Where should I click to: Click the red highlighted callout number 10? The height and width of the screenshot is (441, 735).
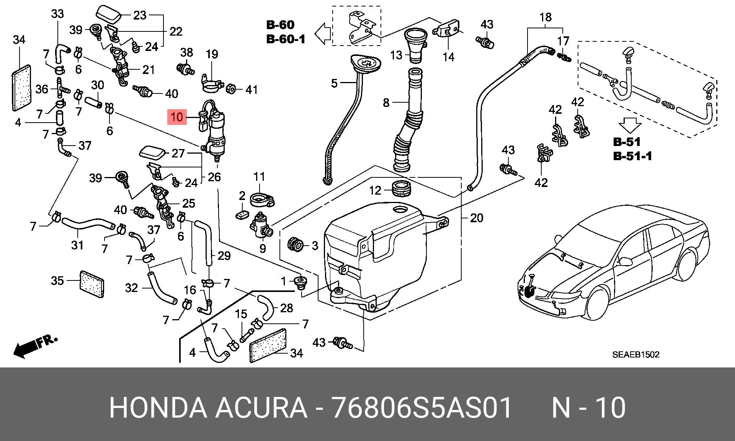(x=177, y=116)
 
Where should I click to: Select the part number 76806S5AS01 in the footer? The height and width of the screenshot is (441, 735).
(x=421, y=408)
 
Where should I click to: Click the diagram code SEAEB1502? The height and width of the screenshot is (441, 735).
(x=636, y=355)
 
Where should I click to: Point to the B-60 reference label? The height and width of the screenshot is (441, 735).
(x=280, y=25)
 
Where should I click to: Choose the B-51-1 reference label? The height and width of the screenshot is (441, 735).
(x=632, y=156)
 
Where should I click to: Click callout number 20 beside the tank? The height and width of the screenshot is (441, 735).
(x=477, y=218)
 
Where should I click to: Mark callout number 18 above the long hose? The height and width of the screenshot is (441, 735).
(x=546, y=17)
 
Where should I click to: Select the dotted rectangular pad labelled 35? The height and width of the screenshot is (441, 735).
(x=91, y=284)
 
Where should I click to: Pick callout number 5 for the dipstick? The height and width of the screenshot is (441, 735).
(x=334, y=83)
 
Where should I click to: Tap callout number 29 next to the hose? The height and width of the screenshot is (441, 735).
(x=224, y=256)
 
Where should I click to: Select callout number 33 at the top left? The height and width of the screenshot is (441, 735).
(x=57, y=14)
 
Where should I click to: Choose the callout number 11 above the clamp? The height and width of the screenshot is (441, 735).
(x=259, y=177)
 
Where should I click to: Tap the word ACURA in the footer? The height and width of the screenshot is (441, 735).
(x=261, y=408)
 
